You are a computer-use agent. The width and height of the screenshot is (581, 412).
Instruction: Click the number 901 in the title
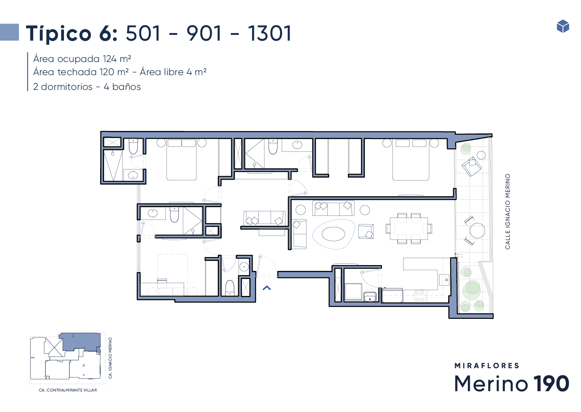coord(204,33)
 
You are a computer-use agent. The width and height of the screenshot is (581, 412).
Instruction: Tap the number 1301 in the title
coord(270,33)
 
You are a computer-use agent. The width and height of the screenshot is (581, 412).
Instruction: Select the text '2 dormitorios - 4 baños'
coord(87,87)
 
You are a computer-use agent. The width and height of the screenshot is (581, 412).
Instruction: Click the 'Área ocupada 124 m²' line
coord(82,59)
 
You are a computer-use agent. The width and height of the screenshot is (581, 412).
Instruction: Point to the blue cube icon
coord(563,26)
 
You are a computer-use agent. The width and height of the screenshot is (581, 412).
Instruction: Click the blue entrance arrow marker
coord(267,288)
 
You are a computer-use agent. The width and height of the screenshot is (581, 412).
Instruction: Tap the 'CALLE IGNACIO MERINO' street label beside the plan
coord(508,212)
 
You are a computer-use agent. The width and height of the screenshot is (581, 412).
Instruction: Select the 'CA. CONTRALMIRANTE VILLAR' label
coord(68,390)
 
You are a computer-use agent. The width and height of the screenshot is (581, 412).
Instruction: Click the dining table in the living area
coord(409,229)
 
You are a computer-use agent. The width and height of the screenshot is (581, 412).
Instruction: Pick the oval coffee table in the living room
coord(333,234)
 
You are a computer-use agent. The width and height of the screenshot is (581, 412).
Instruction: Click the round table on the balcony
coord(477,231)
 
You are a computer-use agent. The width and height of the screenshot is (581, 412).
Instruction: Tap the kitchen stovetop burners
coord(421,296)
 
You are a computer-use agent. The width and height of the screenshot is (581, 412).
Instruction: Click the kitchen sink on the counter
coord(444,280)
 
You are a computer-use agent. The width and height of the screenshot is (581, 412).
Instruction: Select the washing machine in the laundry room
coord(353,292)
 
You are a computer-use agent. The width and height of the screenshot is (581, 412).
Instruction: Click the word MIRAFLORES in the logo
coord(487,366)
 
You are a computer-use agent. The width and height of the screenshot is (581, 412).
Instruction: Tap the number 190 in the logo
coord(551,383)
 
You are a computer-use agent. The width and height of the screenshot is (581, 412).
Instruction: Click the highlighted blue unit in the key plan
coord(80,342)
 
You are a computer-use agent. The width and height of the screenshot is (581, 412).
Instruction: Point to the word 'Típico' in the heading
coord(59,34)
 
